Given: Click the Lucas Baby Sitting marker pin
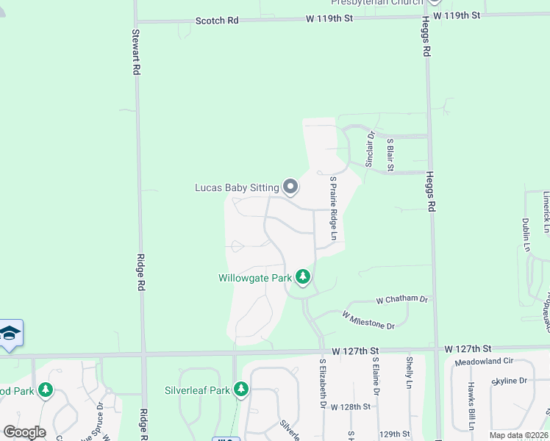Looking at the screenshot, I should [x=290, y=187].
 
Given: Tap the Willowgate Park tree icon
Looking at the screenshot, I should [x=303, y=277].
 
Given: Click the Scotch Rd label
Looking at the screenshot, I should [x=217, y=21].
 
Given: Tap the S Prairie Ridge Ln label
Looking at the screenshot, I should [x=333, y=208].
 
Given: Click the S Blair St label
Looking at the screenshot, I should [x=390, y=155].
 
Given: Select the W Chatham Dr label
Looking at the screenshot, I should [x=401, y=300].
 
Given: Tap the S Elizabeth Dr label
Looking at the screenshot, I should [x=322, y=383].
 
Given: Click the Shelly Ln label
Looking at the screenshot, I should [x=410, y=373].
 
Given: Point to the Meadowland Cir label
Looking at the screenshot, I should [x=483, y=362].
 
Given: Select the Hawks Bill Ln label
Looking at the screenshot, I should [x=471, y=406].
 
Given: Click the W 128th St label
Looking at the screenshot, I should [x=351, y=406].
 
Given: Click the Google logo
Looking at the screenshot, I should [x=24, y=431].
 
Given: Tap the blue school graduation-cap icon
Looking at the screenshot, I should [x=10, y=334].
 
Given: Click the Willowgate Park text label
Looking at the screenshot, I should [x=255, y=279].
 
